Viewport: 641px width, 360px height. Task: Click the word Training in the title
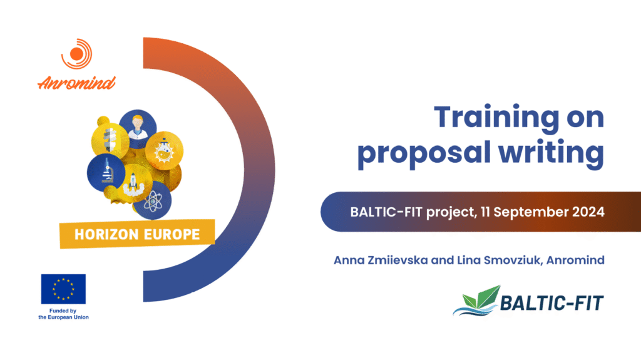point(496,118)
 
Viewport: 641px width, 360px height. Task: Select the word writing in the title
point(551,153)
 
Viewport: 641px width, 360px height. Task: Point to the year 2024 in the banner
point(588,212)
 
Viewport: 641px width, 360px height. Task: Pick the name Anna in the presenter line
point(349,260)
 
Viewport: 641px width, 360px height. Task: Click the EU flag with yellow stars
point(63,289)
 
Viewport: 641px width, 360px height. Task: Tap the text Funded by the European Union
point(63,314)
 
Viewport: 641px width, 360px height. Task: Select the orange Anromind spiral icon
point(77,54)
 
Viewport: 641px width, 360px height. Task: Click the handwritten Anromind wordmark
point(76,83)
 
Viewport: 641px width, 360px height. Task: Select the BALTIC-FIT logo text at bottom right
point(551,303)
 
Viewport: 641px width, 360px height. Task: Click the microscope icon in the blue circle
point(106,171)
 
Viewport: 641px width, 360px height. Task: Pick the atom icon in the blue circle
point(153,202)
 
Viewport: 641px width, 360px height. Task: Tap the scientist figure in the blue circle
point(138,127)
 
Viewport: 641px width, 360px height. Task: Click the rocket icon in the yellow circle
point(133,183)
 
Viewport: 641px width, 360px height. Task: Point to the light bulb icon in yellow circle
point(110,140)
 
